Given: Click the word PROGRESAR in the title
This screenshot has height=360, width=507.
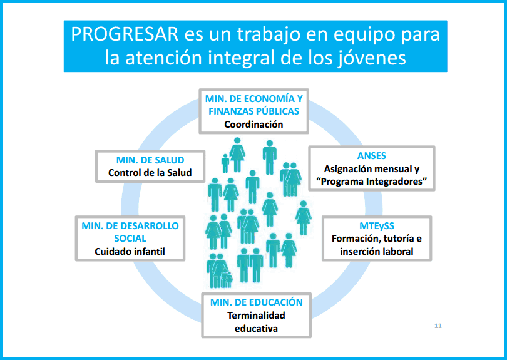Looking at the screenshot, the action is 125,34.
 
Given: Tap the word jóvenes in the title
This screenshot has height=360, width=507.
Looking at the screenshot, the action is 371,59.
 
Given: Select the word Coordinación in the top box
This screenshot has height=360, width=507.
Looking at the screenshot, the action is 254,125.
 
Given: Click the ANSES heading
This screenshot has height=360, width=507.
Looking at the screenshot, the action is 372,156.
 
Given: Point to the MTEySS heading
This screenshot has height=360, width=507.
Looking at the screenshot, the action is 377,226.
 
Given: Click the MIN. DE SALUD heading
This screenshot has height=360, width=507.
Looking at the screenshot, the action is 150,160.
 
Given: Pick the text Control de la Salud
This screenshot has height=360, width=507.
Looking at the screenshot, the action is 150,173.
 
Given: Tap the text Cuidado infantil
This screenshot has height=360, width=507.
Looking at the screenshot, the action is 130,251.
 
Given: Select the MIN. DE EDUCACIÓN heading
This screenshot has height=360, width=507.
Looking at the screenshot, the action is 257,302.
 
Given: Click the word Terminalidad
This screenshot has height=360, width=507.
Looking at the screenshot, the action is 256,316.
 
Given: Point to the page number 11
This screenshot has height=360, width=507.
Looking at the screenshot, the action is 438,326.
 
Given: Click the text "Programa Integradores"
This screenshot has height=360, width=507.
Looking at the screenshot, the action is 372,182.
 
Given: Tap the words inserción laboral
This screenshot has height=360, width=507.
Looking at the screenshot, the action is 377,251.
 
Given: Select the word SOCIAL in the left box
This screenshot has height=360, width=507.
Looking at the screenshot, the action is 130,239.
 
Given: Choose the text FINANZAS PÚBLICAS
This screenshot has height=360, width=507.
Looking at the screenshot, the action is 254,111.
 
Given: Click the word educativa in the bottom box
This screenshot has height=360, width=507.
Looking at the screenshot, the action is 256,329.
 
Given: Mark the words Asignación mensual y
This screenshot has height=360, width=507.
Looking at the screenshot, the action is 372,169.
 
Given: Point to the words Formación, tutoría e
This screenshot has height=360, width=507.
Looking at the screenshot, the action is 377,239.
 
